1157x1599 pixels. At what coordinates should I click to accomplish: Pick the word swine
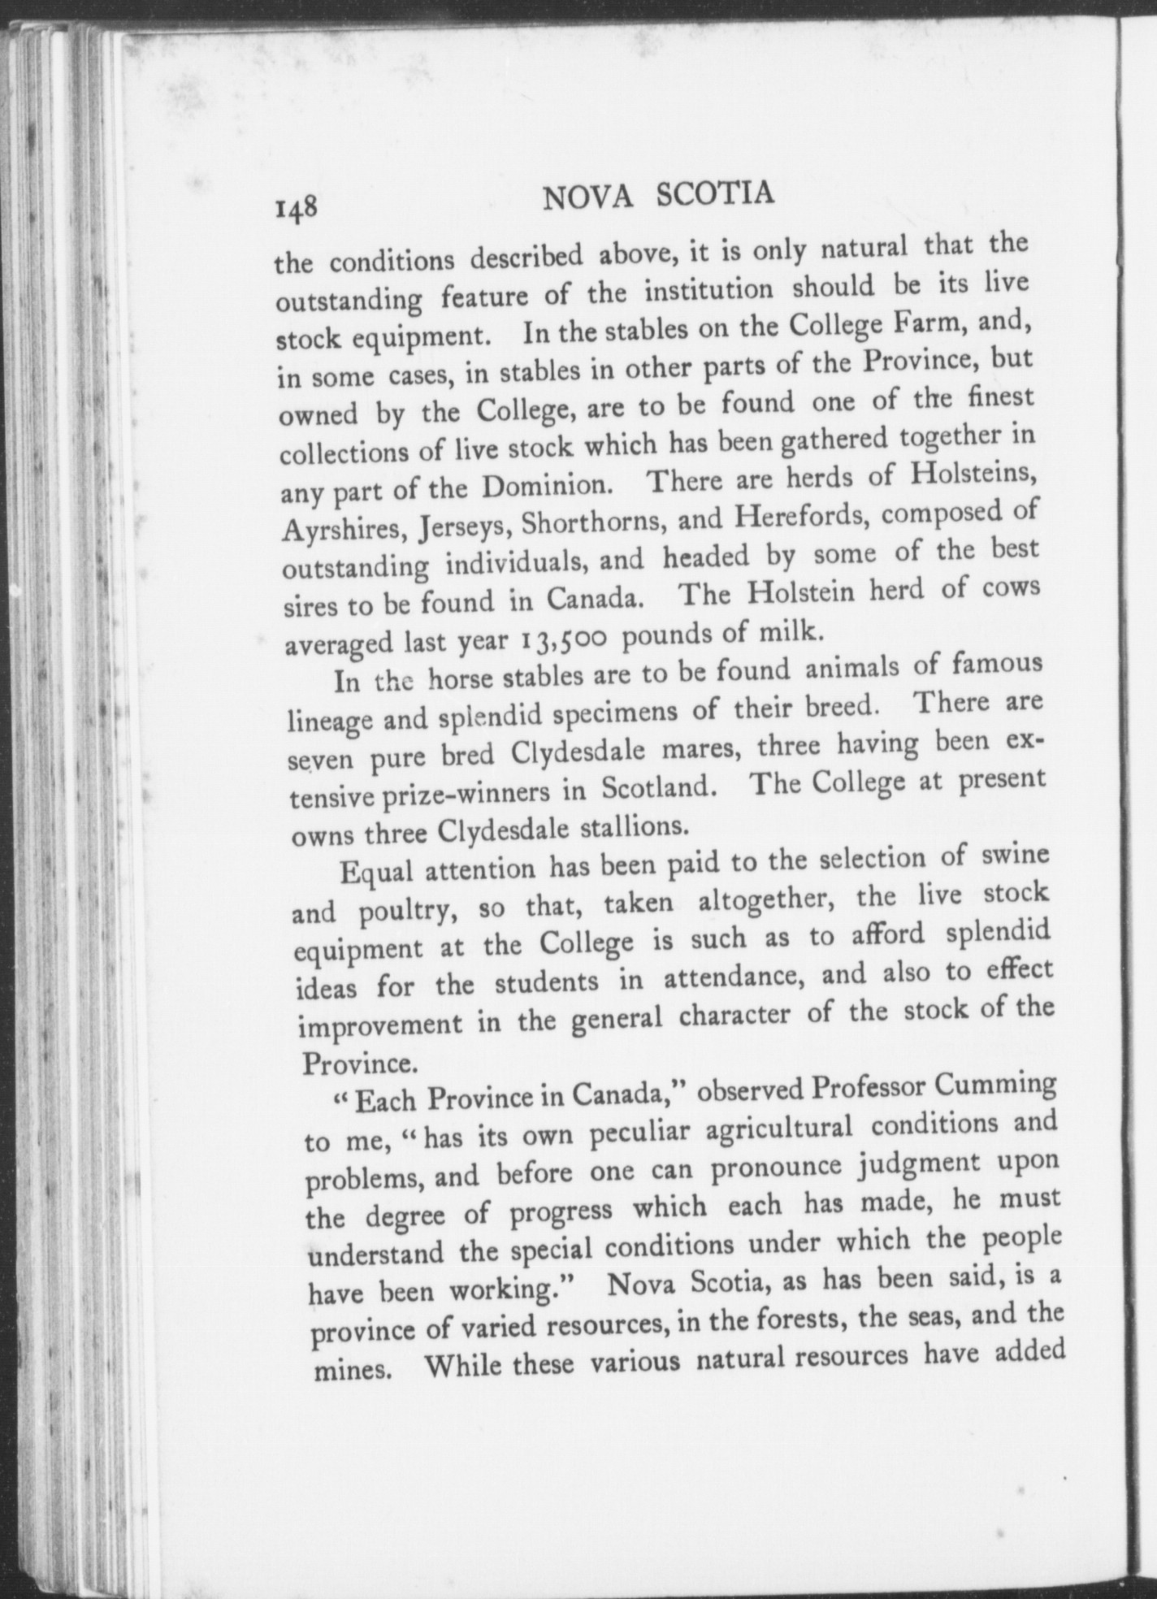pyautogui.click(x=1016, y=856)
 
